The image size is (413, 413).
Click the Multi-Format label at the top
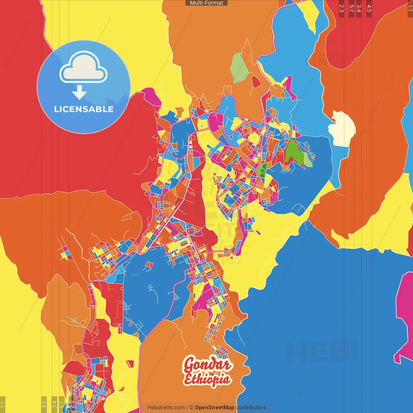206,3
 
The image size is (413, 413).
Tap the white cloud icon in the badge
83,67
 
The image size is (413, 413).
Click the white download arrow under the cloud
79,93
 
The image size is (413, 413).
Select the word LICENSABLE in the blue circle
84,109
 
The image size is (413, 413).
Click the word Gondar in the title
207,365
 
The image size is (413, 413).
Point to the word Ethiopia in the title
207,380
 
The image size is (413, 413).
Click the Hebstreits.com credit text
166,408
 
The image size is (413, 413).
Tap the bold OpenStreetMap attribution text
215,408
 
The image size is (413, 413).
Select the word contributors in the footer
251,408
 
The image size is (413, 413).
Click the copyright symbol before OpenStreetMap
191,408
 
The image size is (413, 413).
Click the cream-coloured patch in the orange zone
342,129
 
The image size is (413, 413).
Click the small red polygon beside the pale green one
256,82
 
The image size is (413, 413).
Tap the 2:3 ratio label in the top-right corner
341,8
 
